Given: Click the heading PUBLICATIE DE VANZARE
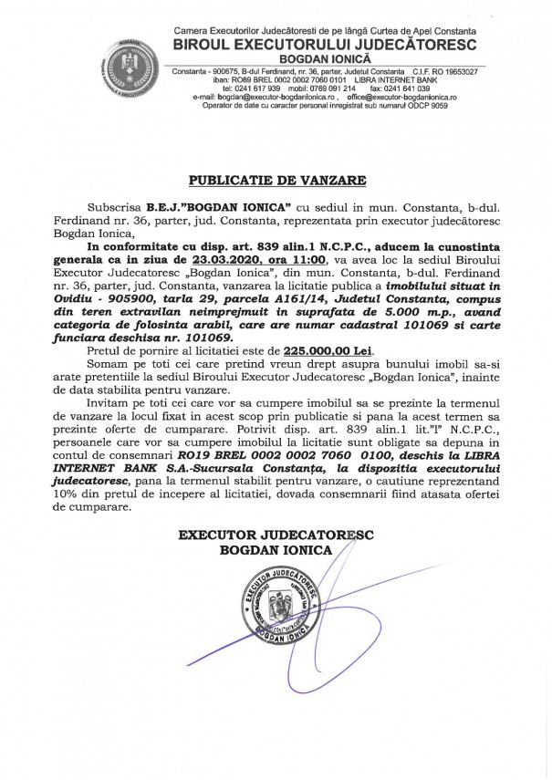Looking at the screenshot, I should tap(275, 180).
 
